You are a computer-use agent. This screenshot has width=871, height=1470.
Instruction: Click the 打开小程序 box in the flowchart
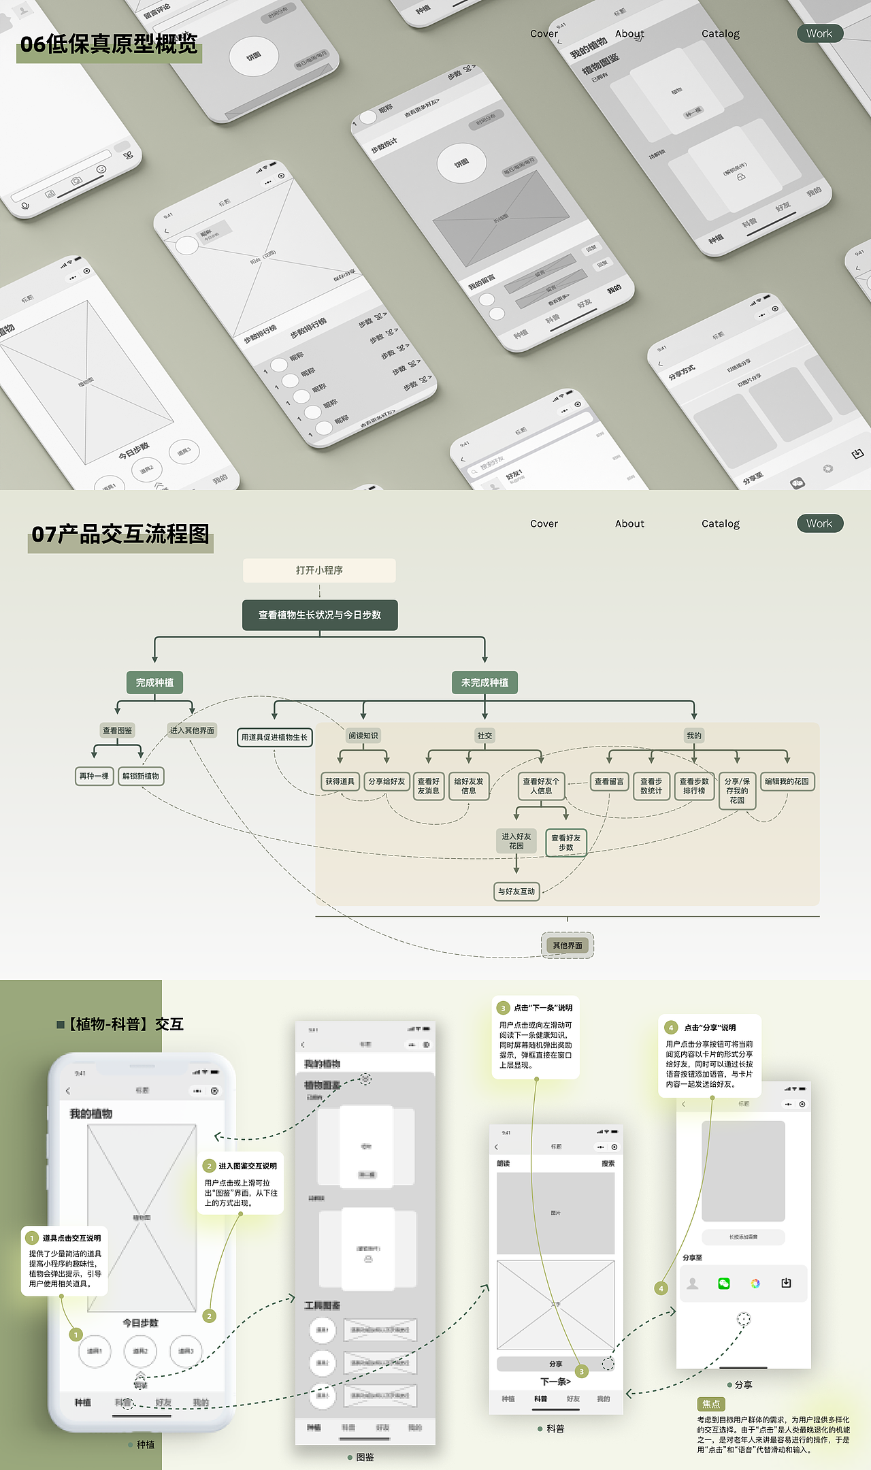click(319, 570)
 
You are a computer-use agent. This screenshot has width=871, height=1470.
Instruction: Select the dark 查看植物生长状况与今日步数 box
click(320, 615)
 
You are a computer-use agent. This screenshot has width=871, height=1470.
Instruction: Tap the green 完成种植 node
click(154, 683)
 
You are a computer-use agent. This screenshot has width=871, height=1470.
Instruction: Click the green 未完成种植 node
click(484, 683)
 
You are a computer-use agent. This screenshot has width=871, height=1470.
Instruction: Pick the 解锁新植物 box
click(141, 776)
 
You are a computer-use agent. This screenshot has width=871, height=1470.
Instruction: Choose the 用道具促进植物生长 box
click(274, 737)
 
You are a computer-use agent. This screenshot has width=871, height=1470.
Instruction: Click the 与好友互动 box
click(516, 892)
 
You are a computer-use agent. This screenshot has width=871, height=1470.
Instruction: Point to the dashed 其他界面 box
click(568, 945)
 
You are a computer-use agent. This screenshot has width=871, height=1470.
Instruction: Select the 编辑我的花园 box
click(787, 781)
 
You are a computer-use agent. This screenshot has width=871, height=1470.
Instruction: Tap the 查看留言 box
click(609, 781)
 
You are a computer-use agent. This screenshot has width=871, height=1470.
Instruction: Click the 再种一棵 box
click(94, 776)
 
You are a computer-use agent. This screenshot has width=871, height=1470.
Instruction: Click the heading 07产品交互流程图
click(120, 534)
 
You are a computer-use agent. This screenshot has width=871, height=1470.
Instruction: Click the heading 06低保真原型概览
click(109, 44)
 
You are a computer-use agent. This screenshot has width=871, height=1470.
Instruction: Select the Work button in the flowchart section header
click(819, 523)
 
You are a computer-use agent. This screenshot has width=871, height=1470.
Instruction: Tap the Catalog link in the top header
click(720, 33)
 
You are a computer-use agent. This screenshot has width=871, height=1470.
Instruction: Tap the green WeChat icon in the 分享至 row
click(723, 1284)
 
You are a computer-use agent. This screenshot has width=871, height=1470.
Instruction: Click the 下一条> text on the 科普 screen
click(555, 1382)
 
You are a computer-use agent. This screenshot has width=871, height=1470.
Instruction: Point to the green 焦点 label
click(711, 1404)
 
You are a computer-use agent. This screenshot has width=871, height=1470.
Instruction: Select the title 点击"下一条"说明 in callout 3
click(543, 1008)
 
